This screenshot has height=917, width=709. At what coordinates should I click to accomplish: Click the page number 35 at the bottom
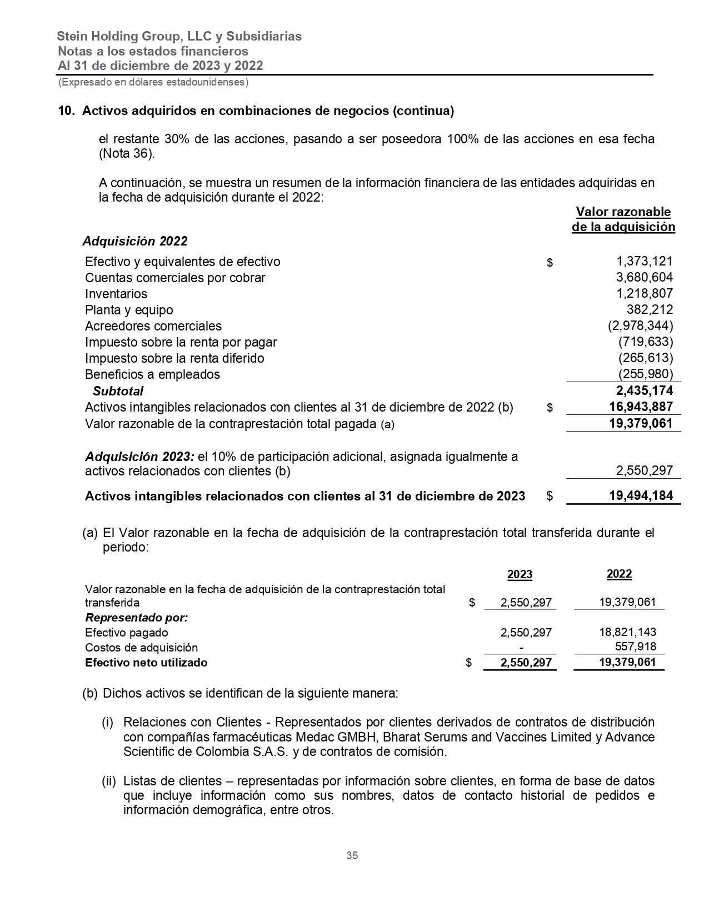tap(352, 855)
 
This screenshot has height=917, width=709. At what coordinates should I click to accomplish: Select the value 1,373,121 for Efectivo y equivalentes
tap(645, 262)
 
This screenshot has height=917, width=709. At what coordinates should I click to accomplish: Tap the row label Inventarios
tap(116, 294)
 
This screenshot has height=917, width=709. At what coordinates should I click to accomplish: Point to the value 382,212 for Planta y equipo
tap(650, 310)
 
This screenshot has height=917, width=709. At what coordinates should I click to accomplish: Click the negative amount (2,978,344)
tap(640, 326)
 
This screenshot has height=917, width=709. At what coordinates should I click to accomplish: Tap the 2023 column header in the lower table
tap(520, 575)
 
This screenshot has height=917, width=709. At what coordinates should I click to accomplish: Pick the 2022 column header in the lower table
tap(619, 574)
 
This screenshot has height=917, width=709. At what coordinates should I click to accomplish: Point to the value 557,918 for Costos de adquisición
tap(636, 647)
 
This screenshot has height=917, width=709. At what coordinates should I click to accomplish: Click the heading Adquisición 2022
tap(135, 241)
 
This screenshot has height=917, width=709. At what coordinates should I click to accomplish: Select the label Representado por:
tap(136, 618)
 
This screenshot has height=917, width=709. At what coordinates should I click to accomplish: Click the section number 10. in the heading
tap(66, 111)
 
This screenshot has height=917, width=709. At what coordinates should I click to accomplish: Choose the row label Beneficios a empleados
tap(152, 374)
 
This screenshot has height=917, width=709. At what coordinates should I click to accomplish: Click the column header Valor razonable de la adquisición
tap(623, 219)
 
